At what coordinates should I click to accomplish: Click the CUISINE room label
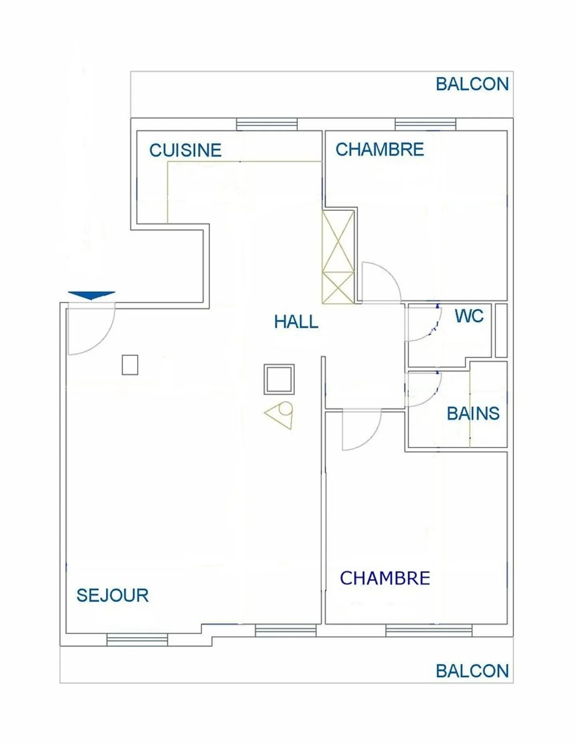185,150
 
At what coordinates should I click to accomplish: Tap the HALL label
296,322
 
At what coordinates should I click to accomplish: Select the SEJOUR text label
112,595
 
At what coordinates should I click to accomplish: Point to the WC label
469,316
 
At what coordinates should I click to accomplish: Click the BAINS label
473,413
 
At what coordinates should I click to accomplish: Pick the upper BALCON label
472,84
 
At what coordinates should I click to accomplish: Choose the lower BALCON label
472,671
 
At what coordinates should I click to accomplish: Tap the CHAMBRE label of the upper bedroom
380,150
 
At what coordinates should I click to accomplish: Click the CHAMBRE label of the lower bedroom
385,578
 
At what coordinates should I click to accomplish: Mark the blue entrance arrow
92,295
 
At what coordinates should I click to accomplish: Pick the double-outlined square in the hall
279,379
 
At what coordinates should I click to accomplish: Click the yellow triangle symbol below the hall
280,415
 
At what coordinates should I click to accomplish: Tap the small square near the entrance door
130,365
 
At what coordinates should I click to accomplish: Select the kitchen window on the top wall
267,124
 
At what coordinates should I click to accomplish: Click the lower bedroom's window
429,630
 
